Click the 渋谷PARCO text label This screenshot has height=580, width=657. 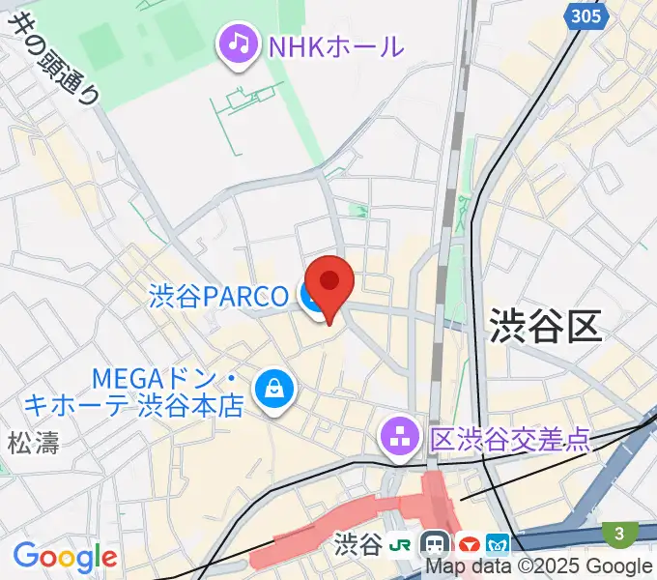pos(218,296)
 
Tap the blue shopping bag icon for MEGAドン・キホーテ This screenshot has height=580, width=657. pos(274,390)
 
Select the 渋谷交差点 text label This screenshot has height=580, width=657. pos(508,440)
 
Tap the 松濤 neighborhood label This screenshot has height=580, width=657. pos(34,444)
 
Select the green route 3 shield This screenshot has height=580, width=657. pos(618,533)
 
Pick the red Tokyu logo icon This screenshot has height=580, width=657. pos(470,546)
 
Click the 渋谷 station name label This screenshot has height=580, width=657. pos(357,546)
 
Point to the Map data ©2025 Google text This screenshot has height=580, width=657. pos(539,566)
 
